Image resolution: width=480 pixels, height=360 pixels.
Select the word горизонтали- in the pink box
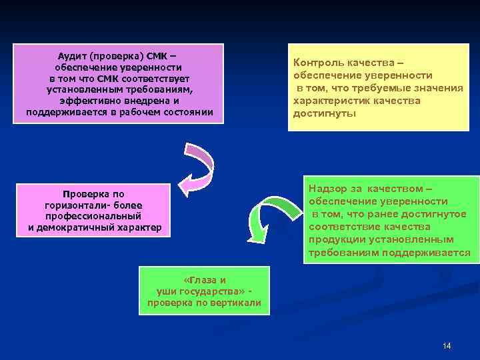pyautogui.click(x=76, y=205)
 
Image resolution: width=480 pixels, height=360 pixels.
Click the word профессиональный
pyautogui.click(x=94, y=217)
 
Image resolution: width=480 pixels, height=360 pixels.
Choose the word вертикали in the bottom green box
pyautogui.click(x=238, y=303)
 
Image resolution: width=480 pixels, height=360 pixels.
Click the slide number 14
pyautogui.click(x=446, y=345)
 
